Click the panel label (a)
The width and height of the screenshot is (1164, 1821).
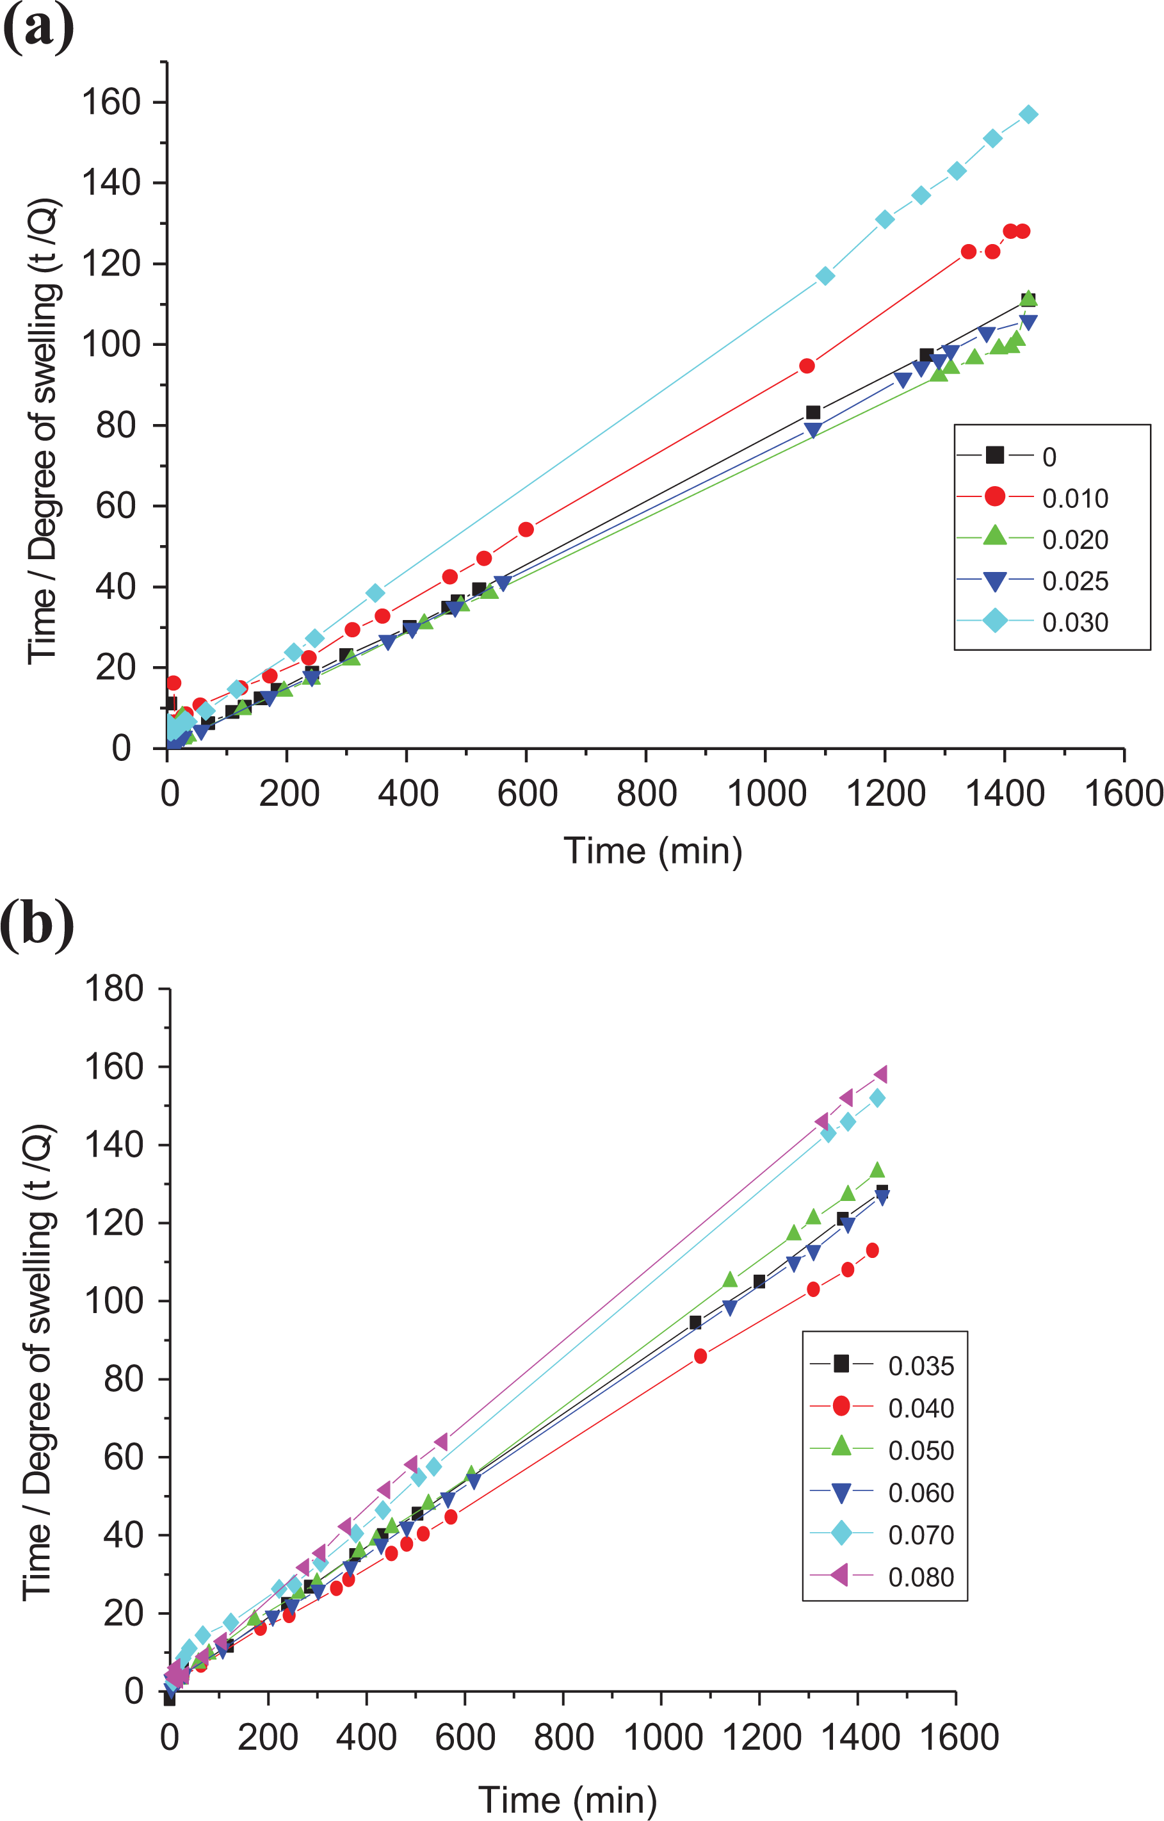(38, 28)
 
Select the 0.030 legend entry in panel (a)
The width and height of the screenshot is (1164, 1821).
(1033, 621)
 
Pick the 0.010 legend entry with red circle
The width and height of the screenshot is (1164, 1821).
(1033, 498)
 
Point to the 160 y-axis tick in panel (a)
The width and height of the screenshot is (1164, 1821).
(111, 102)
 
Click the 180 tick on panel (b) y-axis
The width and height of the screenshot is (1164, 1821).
(114, 988)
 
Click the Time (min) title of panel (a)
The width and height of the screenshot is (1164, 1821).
(653, 851)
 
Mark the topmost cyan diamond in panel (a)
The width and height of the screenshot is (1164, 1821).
(1028, 114)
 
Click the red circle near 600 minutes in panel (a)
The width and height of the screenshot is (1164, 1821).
(526, 529)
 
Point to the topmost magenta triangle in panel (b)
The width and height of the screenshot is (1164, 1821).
(880, 1075)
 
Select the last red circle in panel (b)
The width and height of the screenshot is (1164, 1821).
(872, 1251)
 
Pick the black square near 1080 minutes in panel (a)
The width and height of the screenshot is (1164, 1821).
(813, 412)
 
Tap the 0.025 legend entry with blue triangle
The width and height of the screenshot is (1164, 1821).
(1033, 581)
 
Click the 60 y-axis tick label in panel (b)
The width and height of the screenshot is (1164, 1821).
(124, 1457)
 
